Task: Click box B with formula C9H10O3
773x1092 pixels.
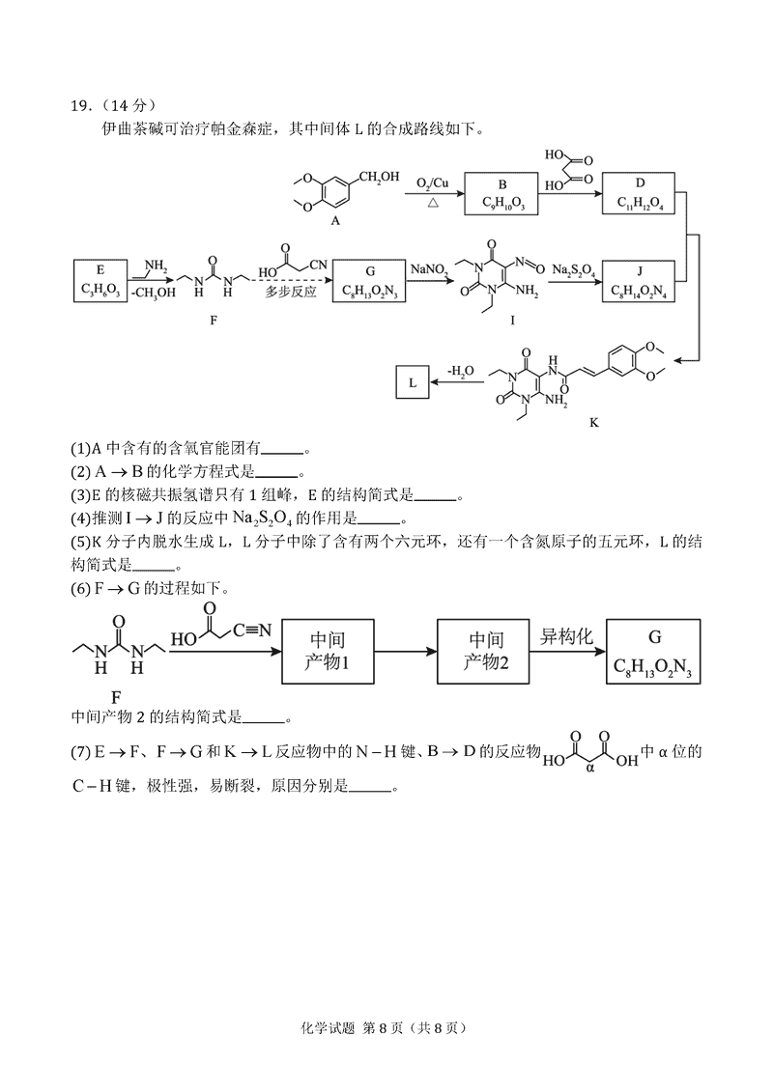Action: [x=501, y=193]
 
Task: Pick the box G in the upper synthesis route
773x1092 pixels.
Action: [x=369, y=279]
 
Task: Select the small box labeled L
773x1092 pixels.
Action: [x=413, y=382]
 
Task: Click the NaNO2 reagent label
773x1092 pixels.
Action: [x=428, y=269]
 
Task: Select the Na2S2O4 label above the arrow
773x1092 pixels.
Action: [x=573, y=269]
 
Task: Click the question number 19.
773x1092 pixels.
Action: [x=81, y=105]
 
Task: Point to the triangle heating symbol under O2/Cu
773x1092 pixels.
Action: [x=433, y=204]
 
